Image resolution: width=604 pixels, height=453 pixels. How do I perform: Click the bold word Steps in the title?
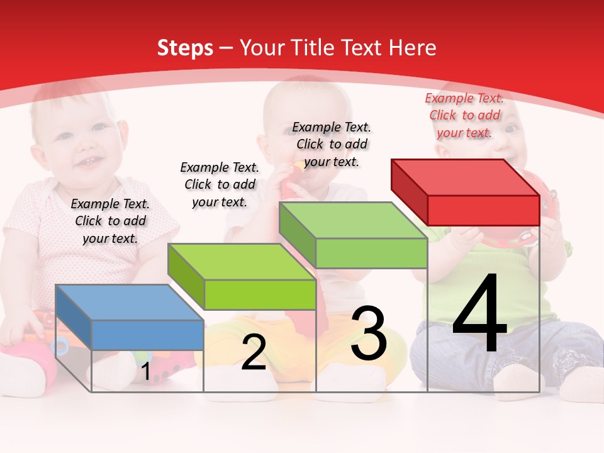tap(185, 48)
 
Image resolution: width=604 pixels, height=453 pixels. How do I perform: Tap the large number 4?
tap(479, 314)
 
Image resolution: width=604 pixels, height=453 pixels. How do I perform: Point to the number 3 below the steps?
tap(369, 334)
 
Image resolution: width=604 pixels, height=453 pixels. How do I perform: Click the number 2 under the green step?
tap(254, 353)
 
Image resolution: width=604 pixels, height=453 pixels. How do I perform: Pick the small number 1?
tap(145, 372)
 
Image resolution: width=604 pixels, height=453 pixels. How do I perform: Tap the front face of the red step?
tap(483, 210)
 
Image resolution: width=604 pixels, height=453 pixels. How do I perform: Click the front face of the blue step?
tap(147, 335)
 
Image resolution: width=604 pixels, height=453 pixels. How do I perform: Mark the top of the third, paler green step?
tap(353, 221)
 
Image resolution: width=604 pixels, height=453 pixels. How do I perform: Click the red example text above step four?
tap(464, 116)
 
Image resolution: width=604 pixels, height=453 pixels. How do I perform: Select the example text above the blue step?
tap(110, 221)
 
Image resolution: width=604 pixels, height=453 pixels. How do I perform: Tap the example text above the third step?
tap(332, 144)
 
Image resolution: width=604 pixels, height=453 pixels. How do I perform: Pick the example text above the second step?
tap(220, 184)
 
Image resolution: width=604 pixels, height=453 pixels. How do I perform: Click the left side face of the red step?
tap(410, 191)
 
